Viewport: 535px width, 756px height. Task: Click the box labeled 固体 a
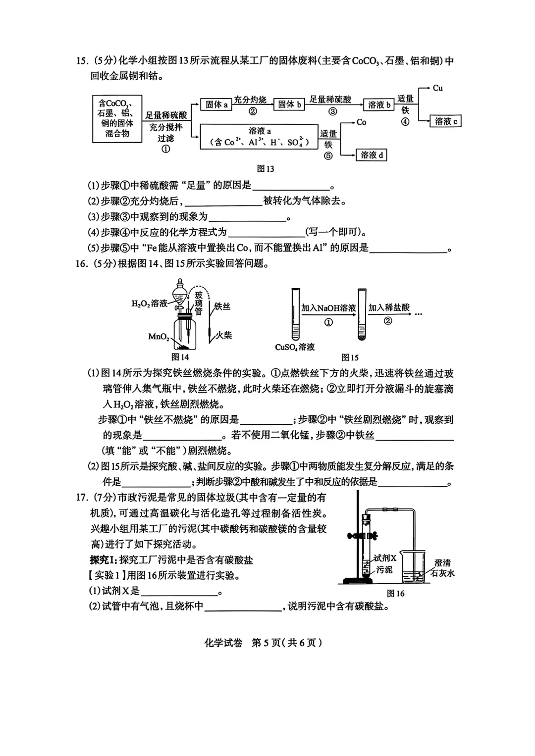click(216, 104)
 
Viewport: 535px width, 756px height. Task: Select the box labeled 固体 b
click(289, 104)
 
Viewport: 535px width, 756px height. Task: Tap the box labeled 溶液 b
click(379, 105)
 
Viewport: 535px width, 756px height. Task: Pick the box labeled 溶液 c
click(446, 121)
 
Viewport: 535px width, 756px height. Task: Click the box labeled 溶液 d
click(372, 155)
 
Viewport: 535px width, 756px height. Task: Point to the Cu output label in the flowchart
click(437, 88)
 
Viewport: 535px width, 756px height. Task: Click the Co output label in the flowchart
click(361, 122)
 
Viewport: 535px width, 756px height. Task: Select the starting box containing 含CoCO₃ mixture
click(117, 118)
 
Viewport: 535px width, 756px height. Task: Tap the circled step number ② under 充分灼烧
click(253, 111)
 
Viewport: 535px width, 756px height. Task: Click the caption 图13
click(266, 169)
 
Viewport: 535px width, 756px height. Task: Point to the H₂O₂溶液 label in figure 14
click(149, 303)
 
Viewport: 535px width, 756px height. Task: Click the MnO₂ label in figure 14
click(158, 337)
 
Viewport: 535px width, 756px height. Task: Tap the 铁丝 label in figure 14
click(222, 306)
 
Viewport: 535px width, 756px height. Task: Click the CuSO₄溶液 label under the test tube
click(295, 347)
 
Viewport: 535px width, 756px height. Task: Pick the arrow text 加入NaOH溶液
click(328, 308)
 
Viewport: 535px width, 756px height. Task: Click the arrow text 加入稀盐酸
click(389, 307)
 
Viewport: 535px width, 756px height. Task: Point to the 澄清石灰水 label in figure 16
click(442, 568)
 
